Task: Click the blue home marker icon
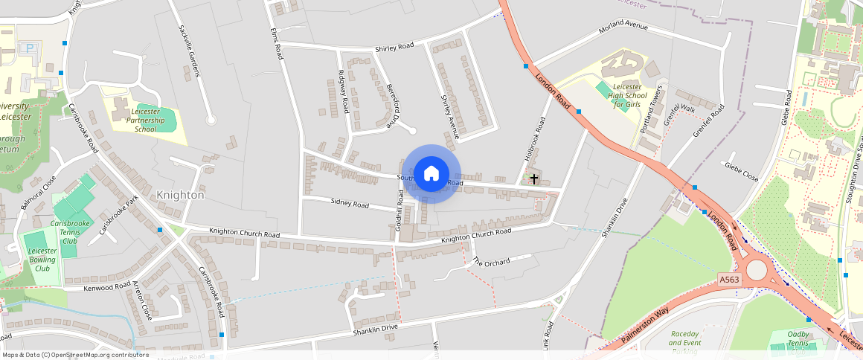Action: pyautogui.click(x=431, y=174)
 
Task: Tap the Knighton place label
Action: pyautogui.click(x=180, y=195)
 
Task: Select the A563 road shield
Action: pyautogui.click(x=729, y=280)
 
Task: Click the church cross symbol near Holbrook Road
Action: pyautogui.click(x=533, y=179)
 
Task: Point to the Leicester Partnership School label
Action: pyautogui.click(x=146, y=120)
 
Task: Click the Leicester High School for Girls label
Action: pyautogui.click(x=624, y=95)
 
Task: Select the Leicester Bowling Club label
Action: pyautogui.click(x=42, y=260)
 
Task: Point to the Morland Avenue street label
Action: pyautogui.click(x=625, y=30)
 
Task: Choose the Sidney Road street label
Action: pyautogui.click(x=350, y=203)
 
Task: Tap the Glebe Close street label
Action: pyautogui.click(x=741, y=173)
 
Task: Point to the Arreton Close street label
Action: pyautogui.click(x=143, y=301)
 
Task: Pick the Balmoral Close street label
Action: pyautogui.click(x=39, y=193)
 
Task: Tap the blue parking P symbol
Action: pyautogui.click(x=31, y=48)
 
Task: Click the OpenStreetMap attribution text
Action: pyautogui.click(x=74, y=355)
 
